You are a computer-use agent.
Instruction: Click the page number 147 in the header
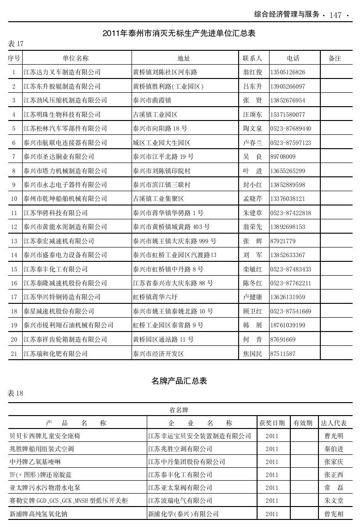pyautogui.click(x=336, y=15)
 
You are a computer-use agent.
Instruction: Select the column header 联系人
pyautogui.click(x=252, y=58)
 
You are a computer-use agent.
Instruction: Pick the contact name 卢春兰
pyautogui.click(x=252, y=143)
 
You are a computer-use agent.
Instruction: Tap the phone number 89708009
pyautogui.click(x=283, y=157)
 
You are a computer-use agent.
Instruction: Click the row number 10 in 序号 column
pyautogui.click(x=14, y=199)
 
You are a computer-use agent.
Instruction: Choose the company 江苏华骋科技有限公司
pyautogui.click(x=55, y=213)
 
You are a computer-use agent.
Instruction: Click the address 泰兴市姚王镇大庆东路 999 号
pyautogui.click(x=174, y=241)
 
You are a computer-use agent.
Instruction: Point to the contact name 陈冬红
pyautogui.click(x=252, y=283)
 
